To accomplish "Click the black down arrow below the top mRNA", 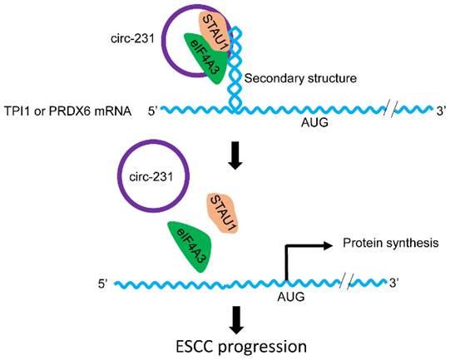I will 236,157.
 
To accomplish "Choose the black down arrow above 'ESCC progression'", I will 236,318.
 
